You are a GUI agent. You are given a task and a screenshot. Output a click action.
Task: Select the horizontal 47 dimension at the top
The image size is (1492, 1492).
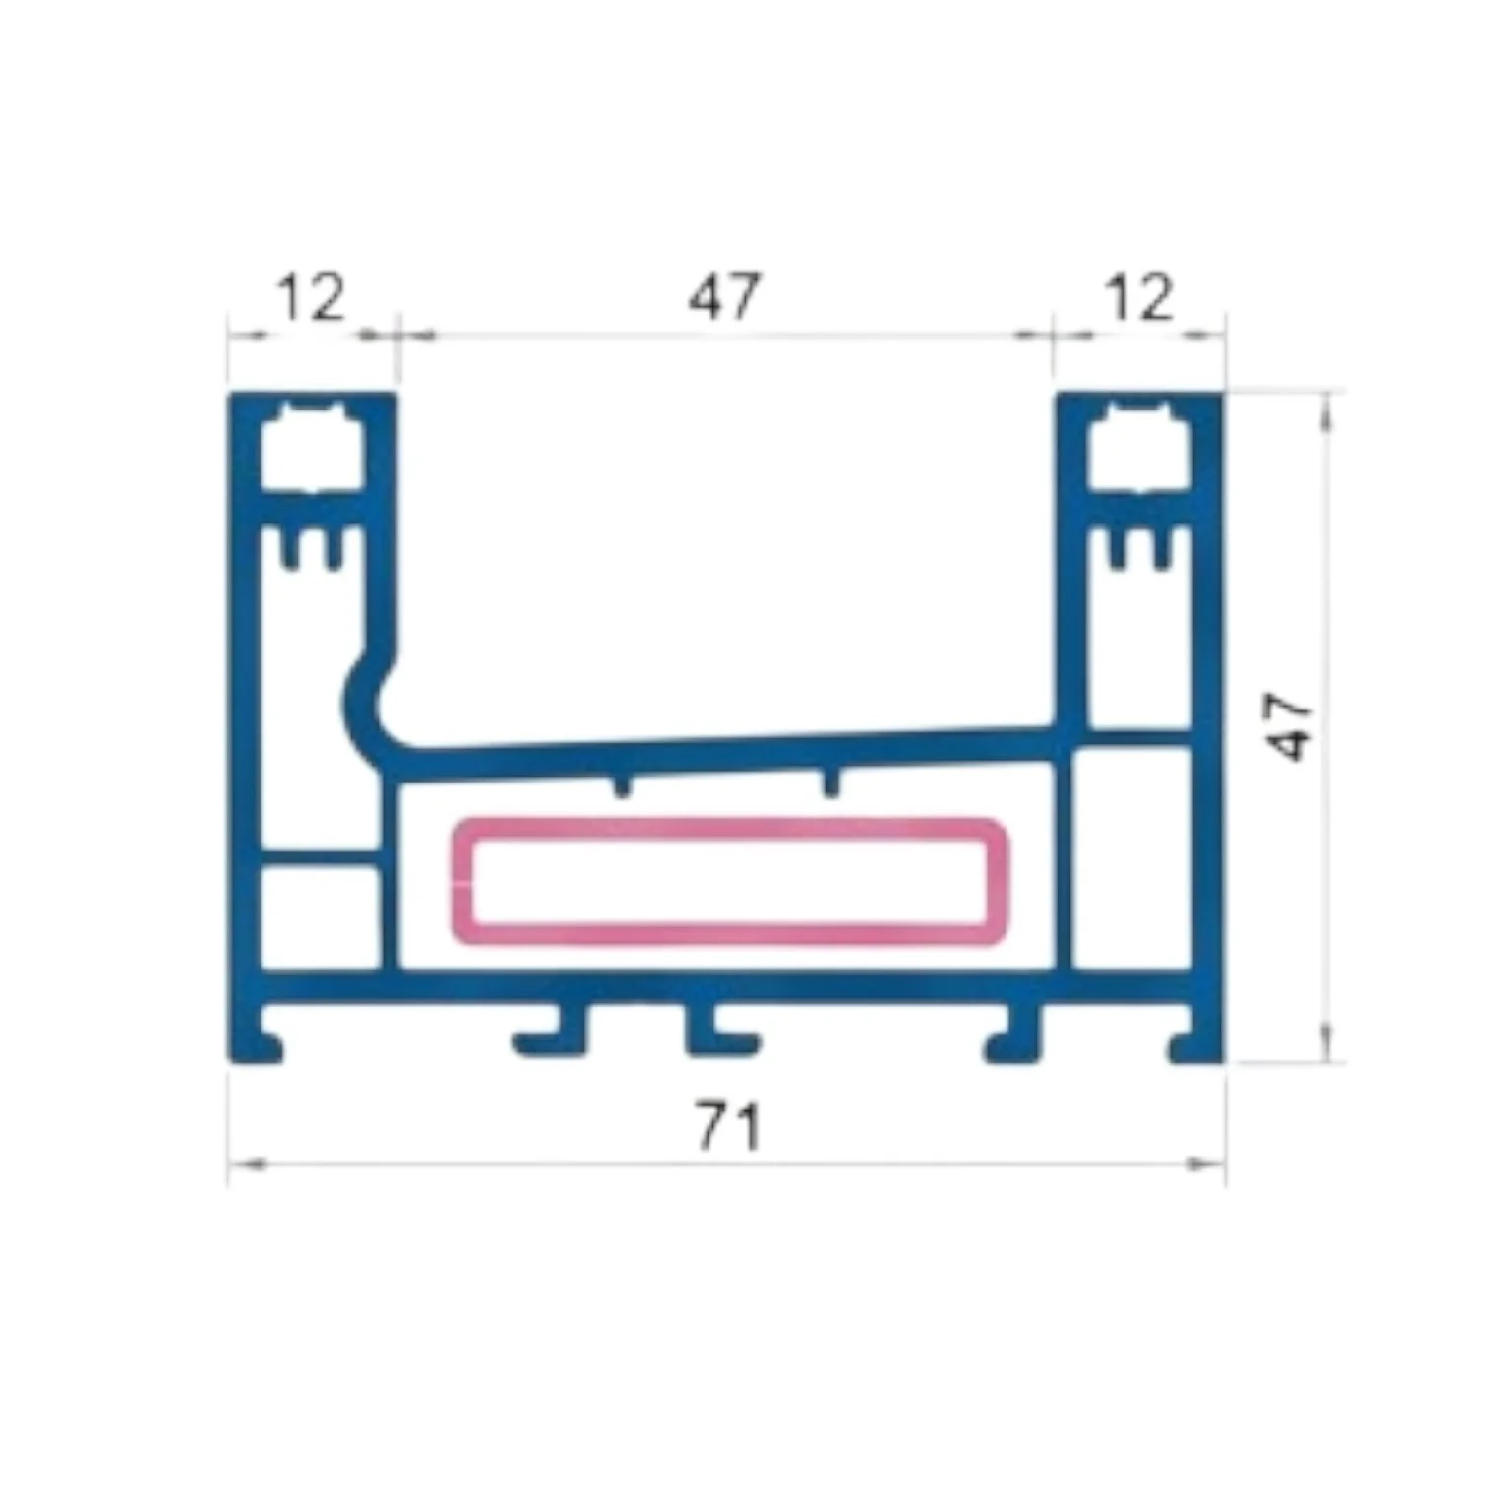point(725,295)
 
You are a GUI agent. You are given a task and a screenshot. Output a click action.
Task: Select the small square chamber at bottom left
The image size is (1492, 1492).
point(319,917)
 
